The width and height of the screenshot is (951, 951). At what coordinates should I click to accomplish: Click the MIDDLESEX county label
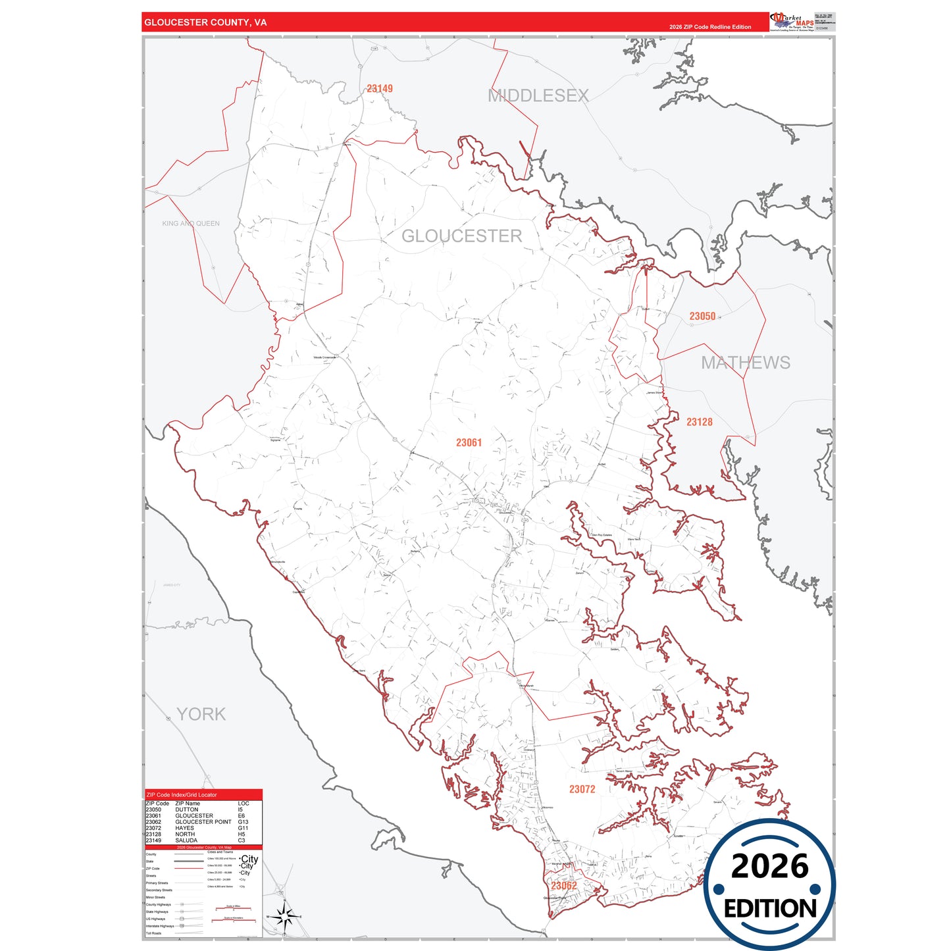tap(538, 96)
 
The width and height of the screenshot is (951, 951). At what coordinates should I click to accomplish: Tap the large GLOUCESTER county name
tap(461, 236)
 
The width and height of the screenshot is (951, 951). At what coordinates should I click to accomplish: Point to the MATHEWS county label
tap(745, 363)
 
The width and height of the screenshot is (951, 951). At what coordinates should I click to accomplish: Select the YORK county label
tap(201, 714)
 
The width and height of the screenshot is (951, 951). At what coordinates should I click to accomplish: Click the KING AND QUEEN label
tap(191, 224)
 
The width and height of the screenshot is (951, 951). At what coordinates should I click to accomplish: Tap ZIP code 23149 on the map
tap(380, 89)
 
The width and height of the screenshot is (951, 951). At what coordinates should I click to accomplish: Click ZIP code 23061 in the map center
tap(469, 443)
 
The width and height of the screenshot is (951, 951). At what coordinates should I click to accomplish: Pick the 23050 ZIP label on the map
tap(702, 317)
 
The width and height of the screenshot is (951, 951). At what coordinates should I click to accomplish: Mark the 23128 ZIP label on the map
tap(699, 423)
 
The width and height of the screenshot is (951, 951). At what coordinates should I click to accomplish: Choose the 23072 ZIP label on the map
tap(582, 789)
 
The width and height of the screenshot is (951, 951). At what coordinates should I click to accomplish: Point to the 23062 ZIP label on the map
tap(563, 886)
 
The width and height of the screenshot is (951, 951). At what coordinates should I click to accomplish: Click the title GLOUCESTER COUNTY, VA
tap(205, 22)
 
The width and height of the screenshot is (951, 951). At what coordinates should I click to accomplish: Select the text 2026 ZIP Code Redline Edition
tap(709, 27)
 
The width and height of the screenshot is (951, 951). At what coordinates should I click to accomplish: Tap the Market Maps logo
tap(792, 22)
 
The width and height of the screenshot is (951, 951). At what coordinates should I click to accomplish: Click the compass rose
tap(284, 915)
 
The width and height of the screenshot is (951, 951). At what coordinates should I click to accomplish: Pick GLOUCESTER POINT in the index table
tap(203, 822)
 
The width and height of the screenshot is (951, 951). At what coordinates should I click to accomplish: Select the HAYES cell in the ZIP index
tap(184, 828)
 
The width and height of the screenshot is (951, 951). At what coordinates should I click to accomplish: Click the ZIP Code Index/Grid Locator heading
tap(182, 795)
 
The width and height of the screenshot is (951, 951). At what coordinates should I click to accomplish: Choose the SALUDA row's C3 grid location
tap(242, 840)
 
